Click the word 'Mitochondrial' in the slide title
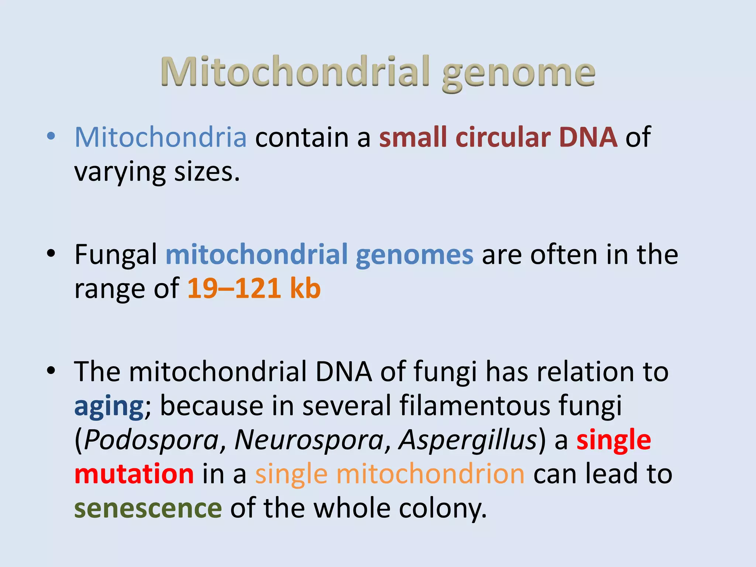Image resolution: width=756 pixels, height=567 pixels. (295, 72)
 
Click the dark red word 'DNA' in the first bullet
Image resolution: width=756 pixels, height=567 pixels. (588, 137)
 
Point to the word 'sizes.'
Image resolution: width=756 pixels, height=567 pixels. (207, 172)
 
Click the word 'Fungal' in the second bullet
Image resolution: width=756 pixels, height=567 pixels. (116, 255)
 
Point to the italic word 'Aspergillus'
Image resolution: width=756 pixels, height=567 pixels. (468, 440)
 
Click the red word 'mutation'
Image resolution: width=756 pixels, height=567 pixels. (134, 474)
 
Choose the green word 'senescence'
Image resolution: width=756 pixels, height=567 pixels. (148, 509)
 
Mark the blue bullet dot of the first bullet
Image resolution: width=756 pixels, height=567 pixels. (51, 137)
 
